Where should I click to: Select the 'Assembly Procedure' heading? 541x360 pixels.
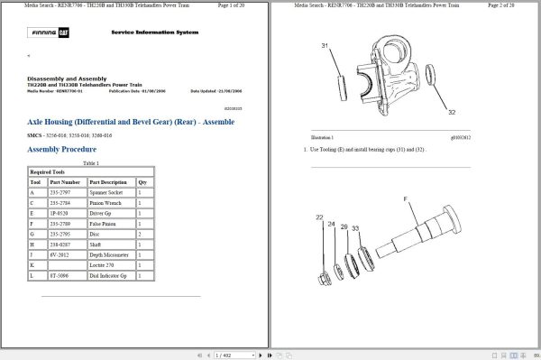(x=61, y=149)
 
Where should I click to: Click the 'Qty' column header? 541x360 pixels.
(x=142, y=181)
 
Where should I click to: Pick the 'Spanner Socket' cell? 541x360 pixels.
(x=106, y=192)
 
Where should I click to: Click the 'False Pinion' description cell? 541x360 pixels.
(x=103, y=223)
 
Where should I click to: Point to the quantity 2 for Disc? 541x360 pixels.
(x=141, y=234)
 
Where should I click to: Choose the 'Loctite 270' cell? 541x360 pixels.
(x=103, y=266)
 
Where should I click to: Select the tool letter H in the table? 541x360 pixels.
(x=32, y=245)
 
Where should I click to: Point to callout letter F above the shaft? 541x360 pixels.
(x=405, y=198)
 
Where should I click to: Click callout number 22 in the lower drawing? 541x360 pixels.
(x=320, y=217)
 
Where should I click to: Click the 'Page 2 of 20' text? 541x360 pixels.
(x=511, y=5)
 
